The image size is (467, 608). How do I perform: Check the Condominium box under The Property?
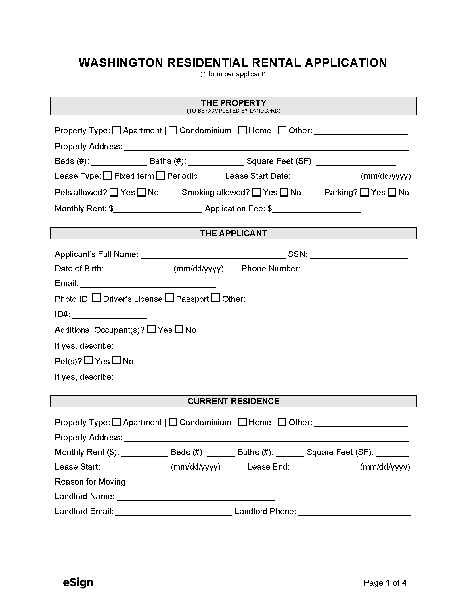click(173, 130)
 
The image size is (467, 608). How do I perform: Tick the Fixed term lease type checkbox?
click(108, 176)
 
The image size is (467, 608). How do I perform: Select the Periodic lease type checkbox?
click(160, 176)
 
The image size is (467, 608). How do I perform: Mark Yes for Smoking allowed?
click(256, 192)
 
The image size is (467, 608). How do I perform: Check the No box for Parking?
click(392, 192)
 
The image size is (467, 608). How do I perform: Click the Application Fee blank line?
click(316, 209)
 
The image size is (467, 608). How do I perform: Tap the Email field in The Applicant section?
click(148, 284)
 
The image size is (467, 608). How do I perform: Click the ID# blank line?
click(110, 315)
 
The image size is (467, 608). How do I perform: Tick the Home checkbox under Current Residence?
click(242, 422)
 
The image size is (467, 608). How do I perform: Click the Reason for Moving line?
click(270, 482)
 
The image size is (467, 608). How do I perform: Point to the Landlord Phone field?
click(354, 512)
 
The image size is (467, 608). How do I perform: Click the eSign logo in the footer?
click(78, 582)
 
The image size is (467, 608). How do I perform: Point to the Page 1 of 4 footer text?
click(385, 583)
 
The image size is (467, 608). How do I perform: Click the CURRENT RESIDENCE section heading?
click(233, 401)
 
